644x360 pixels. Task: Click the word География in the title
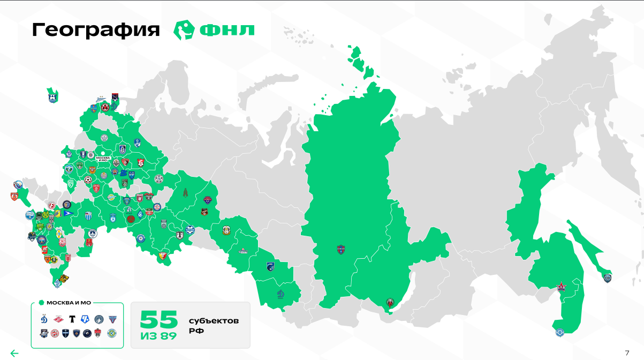(96, 30)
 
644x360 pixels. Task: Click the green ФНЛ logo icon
(183, 30)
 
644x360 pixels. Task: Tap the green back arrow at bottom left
(14, 353)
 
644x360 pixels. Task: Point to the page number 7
(627, 352)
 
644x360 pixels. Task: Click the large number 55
(158, 320)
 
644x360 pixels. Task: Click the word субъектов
(214, 321)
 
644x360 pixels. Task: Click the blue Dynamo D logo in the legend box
(44, 319)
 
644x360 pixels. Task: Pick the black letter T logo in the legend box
(72, 319)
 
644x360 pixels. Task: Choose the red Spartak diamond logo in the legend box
(58, 319)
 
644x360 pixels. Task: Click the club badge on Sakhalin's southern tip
(607, 277)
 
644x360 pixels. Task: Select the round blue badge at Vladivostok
(559, 332)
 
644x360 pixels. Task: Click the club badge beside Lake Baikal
(390, 304)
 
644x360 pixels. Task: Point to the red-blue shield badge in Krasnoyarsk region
(341, 249)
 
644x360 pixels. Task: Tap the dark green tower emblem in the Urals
(186, 192)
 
